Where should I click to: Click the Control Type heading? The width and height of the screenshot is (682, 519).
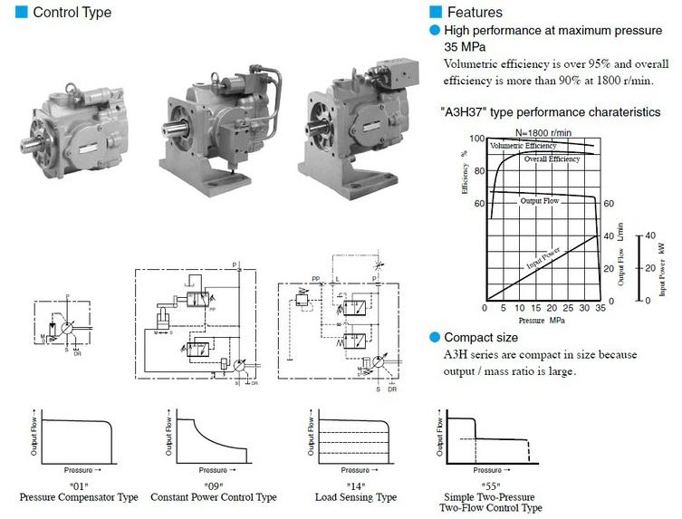[x=72, y=13]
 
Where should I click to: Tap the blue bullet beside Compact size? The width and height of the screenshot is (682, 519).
[x=435, y=338]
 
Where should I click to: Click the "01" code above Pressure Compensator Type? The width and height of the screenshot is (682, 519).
[x=78, y=486]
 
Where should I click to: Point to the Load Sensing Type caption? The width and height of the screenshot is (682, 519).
[x=355, y=497]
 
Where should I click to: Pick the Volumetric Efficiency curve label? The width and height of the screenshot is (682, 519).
[x=524, y=145]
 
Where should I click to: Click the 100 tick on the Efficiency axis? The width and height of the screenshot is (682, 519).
[x=478, y=139]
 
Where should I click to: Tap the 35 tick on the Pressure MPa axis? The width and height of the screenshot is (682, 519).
[x=600, y=309]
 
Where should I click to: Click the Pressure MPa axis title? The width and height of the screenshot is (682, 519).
[x=543, y=321]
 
